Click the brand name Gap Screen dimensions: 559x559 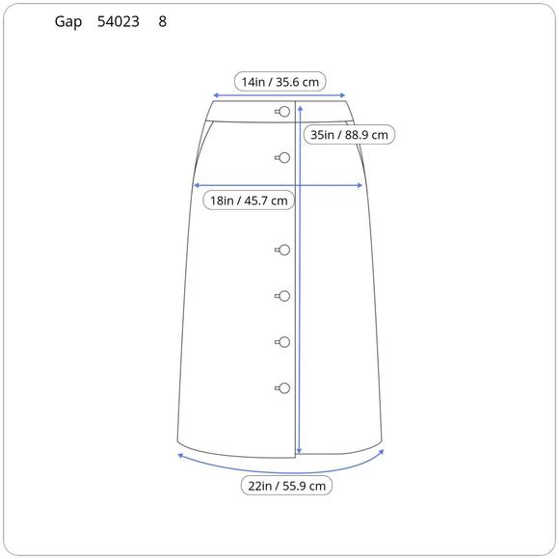tap(68, 22)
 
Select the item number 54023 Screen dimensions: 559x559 tap(119, 22)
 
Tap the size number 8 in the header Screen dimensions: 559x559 tap(162, 22)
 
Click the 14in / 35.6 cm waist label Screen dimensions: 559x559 tap(280, 82)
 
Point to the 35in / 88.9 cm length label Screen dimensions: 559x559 tap(349, 135)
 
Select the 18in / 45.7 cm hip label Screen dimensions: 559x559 tap(249, 200)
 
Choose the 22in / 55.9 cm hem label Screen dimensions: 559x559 tap(286, 486)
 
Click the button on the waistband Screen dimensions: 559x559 tap(282, 112)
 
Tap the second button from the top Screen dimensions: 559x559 tap(282, 157)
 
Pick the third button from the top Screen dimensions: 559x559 tap(282, 250)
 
